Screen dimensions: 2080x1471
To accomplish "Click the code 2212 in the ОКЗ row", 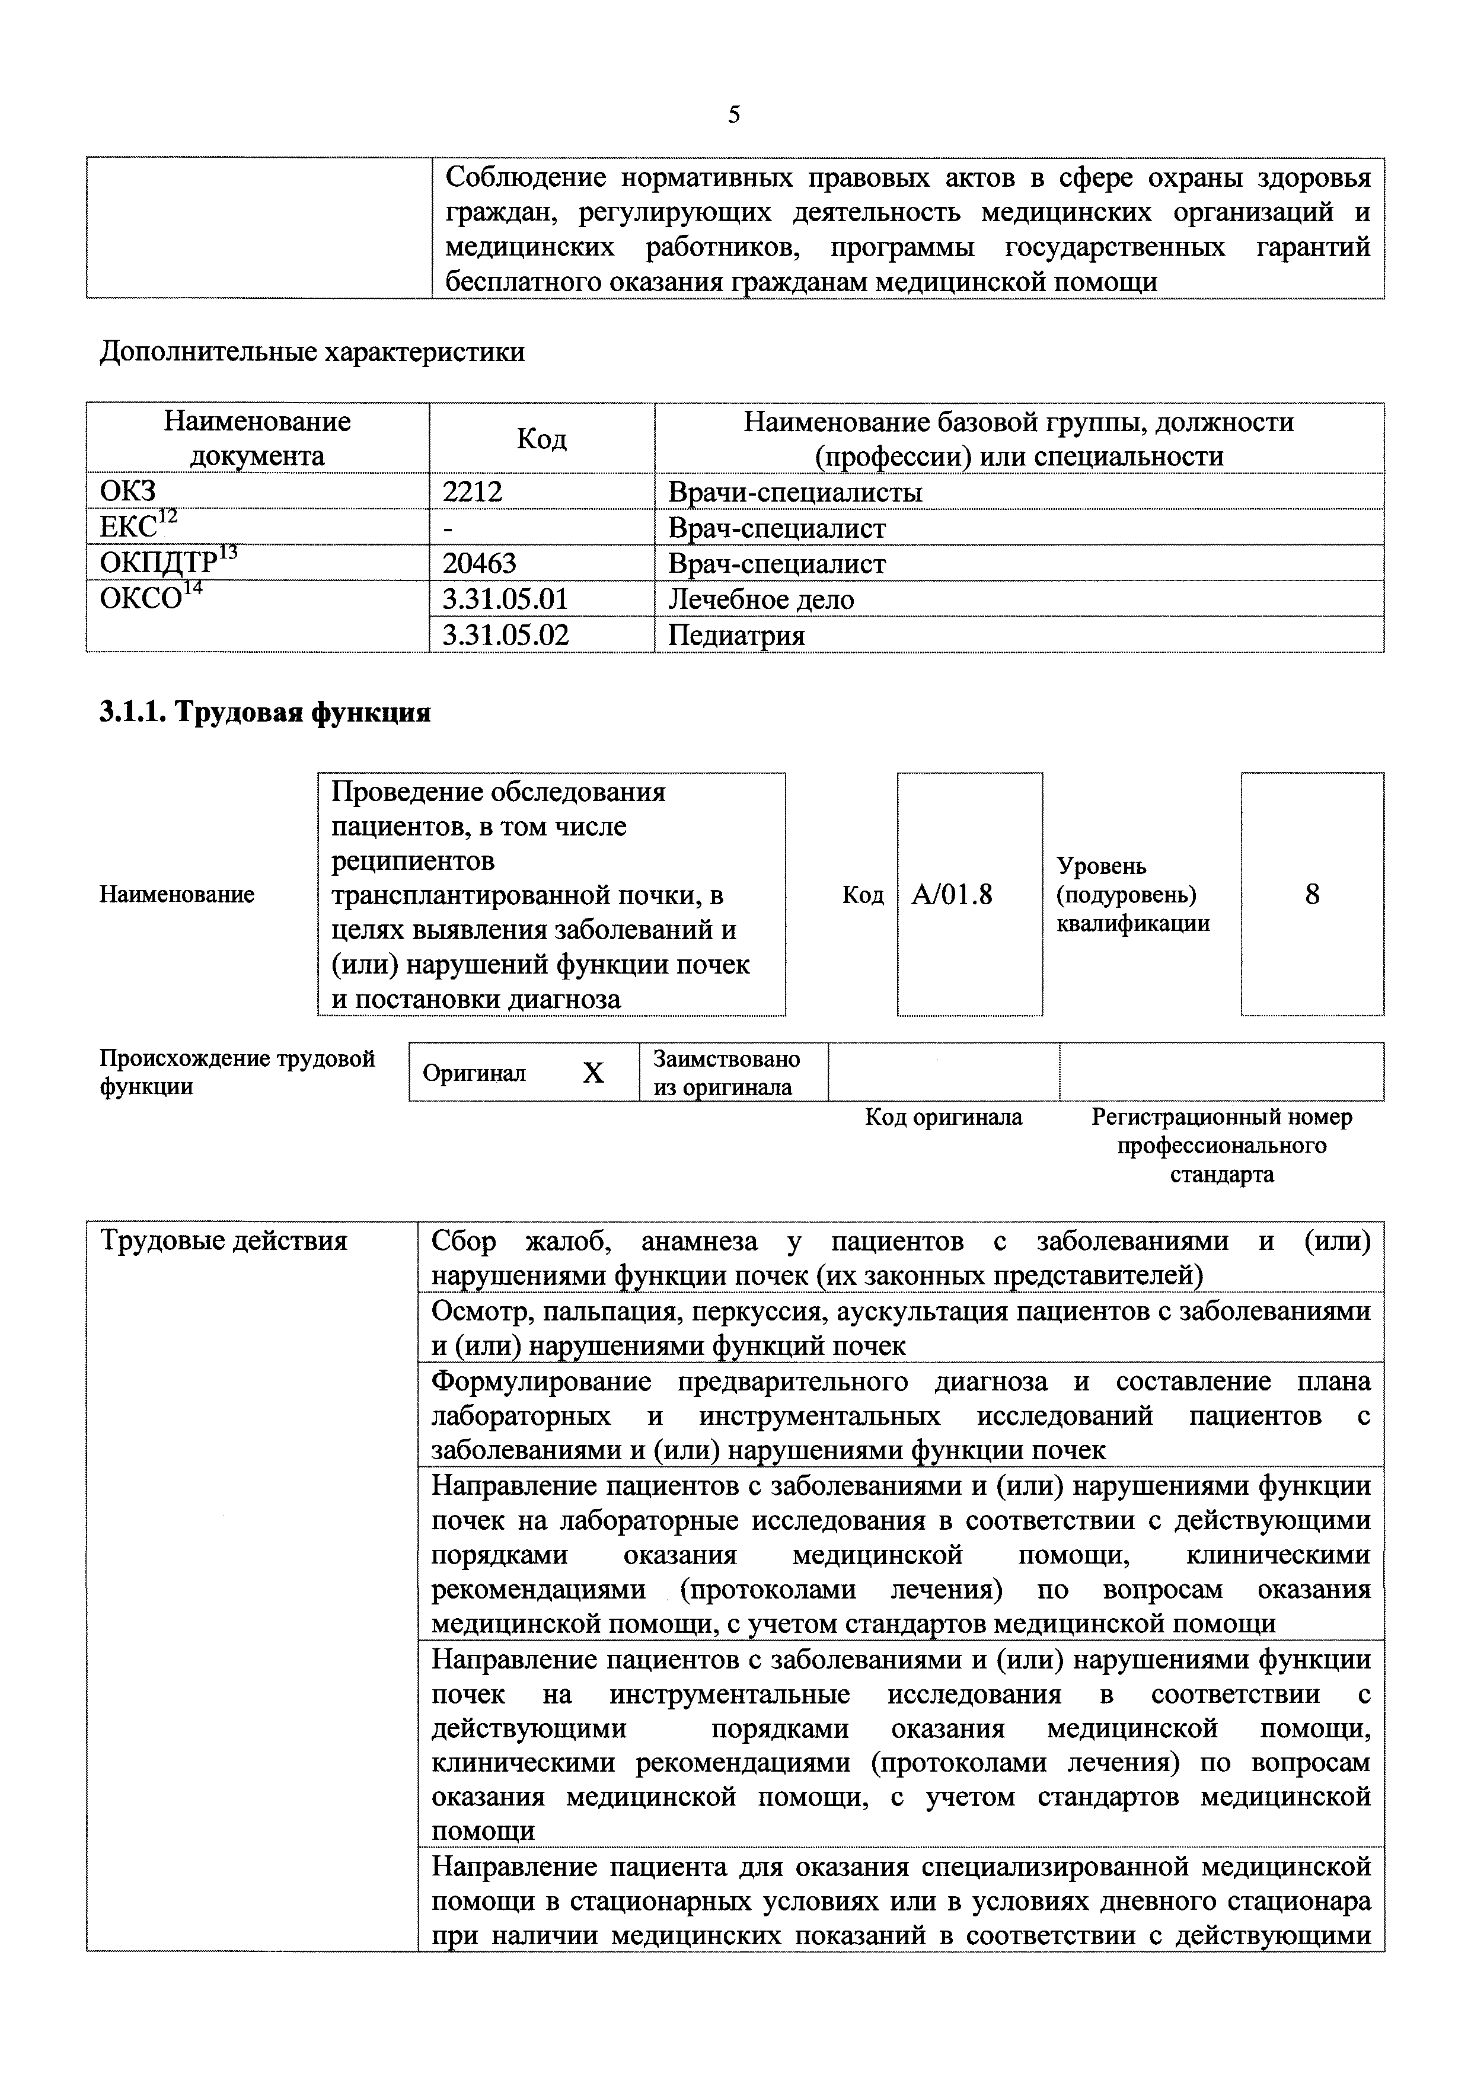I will point(472,492).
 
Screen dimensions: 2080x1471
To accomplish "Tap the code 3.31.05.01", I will point(505,599).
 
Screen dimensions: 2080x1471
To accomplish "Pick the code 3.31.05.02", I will point(505,635).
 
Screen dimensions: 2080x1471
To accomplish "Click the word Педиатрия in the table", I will point(736,635).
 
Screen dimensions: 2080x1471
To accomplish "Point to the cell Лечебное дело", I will point(761,599).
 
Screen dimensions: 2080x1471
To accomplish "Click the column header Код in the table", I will point(542,438).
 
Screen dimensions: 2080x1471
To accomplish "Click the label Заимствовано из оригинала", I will point(726,1073).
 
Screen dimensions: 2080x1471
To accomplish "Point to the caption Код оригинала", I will point(943,1117).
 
